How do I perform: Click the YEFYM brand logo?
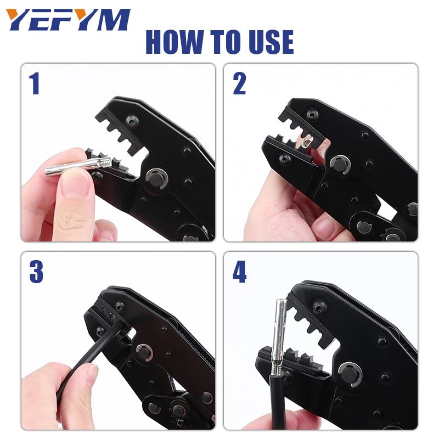68,19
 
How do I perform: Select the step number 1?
35,83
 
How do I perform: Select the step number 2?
239,83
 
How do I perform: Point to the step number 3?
36,271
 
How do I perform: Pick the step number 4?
239,271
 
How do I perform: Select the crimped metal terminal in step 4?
279,339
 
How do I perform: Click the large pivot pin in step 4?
350,375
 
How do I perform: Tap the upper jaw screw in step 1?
132,121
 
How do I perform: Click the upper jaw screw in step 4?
319,308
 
